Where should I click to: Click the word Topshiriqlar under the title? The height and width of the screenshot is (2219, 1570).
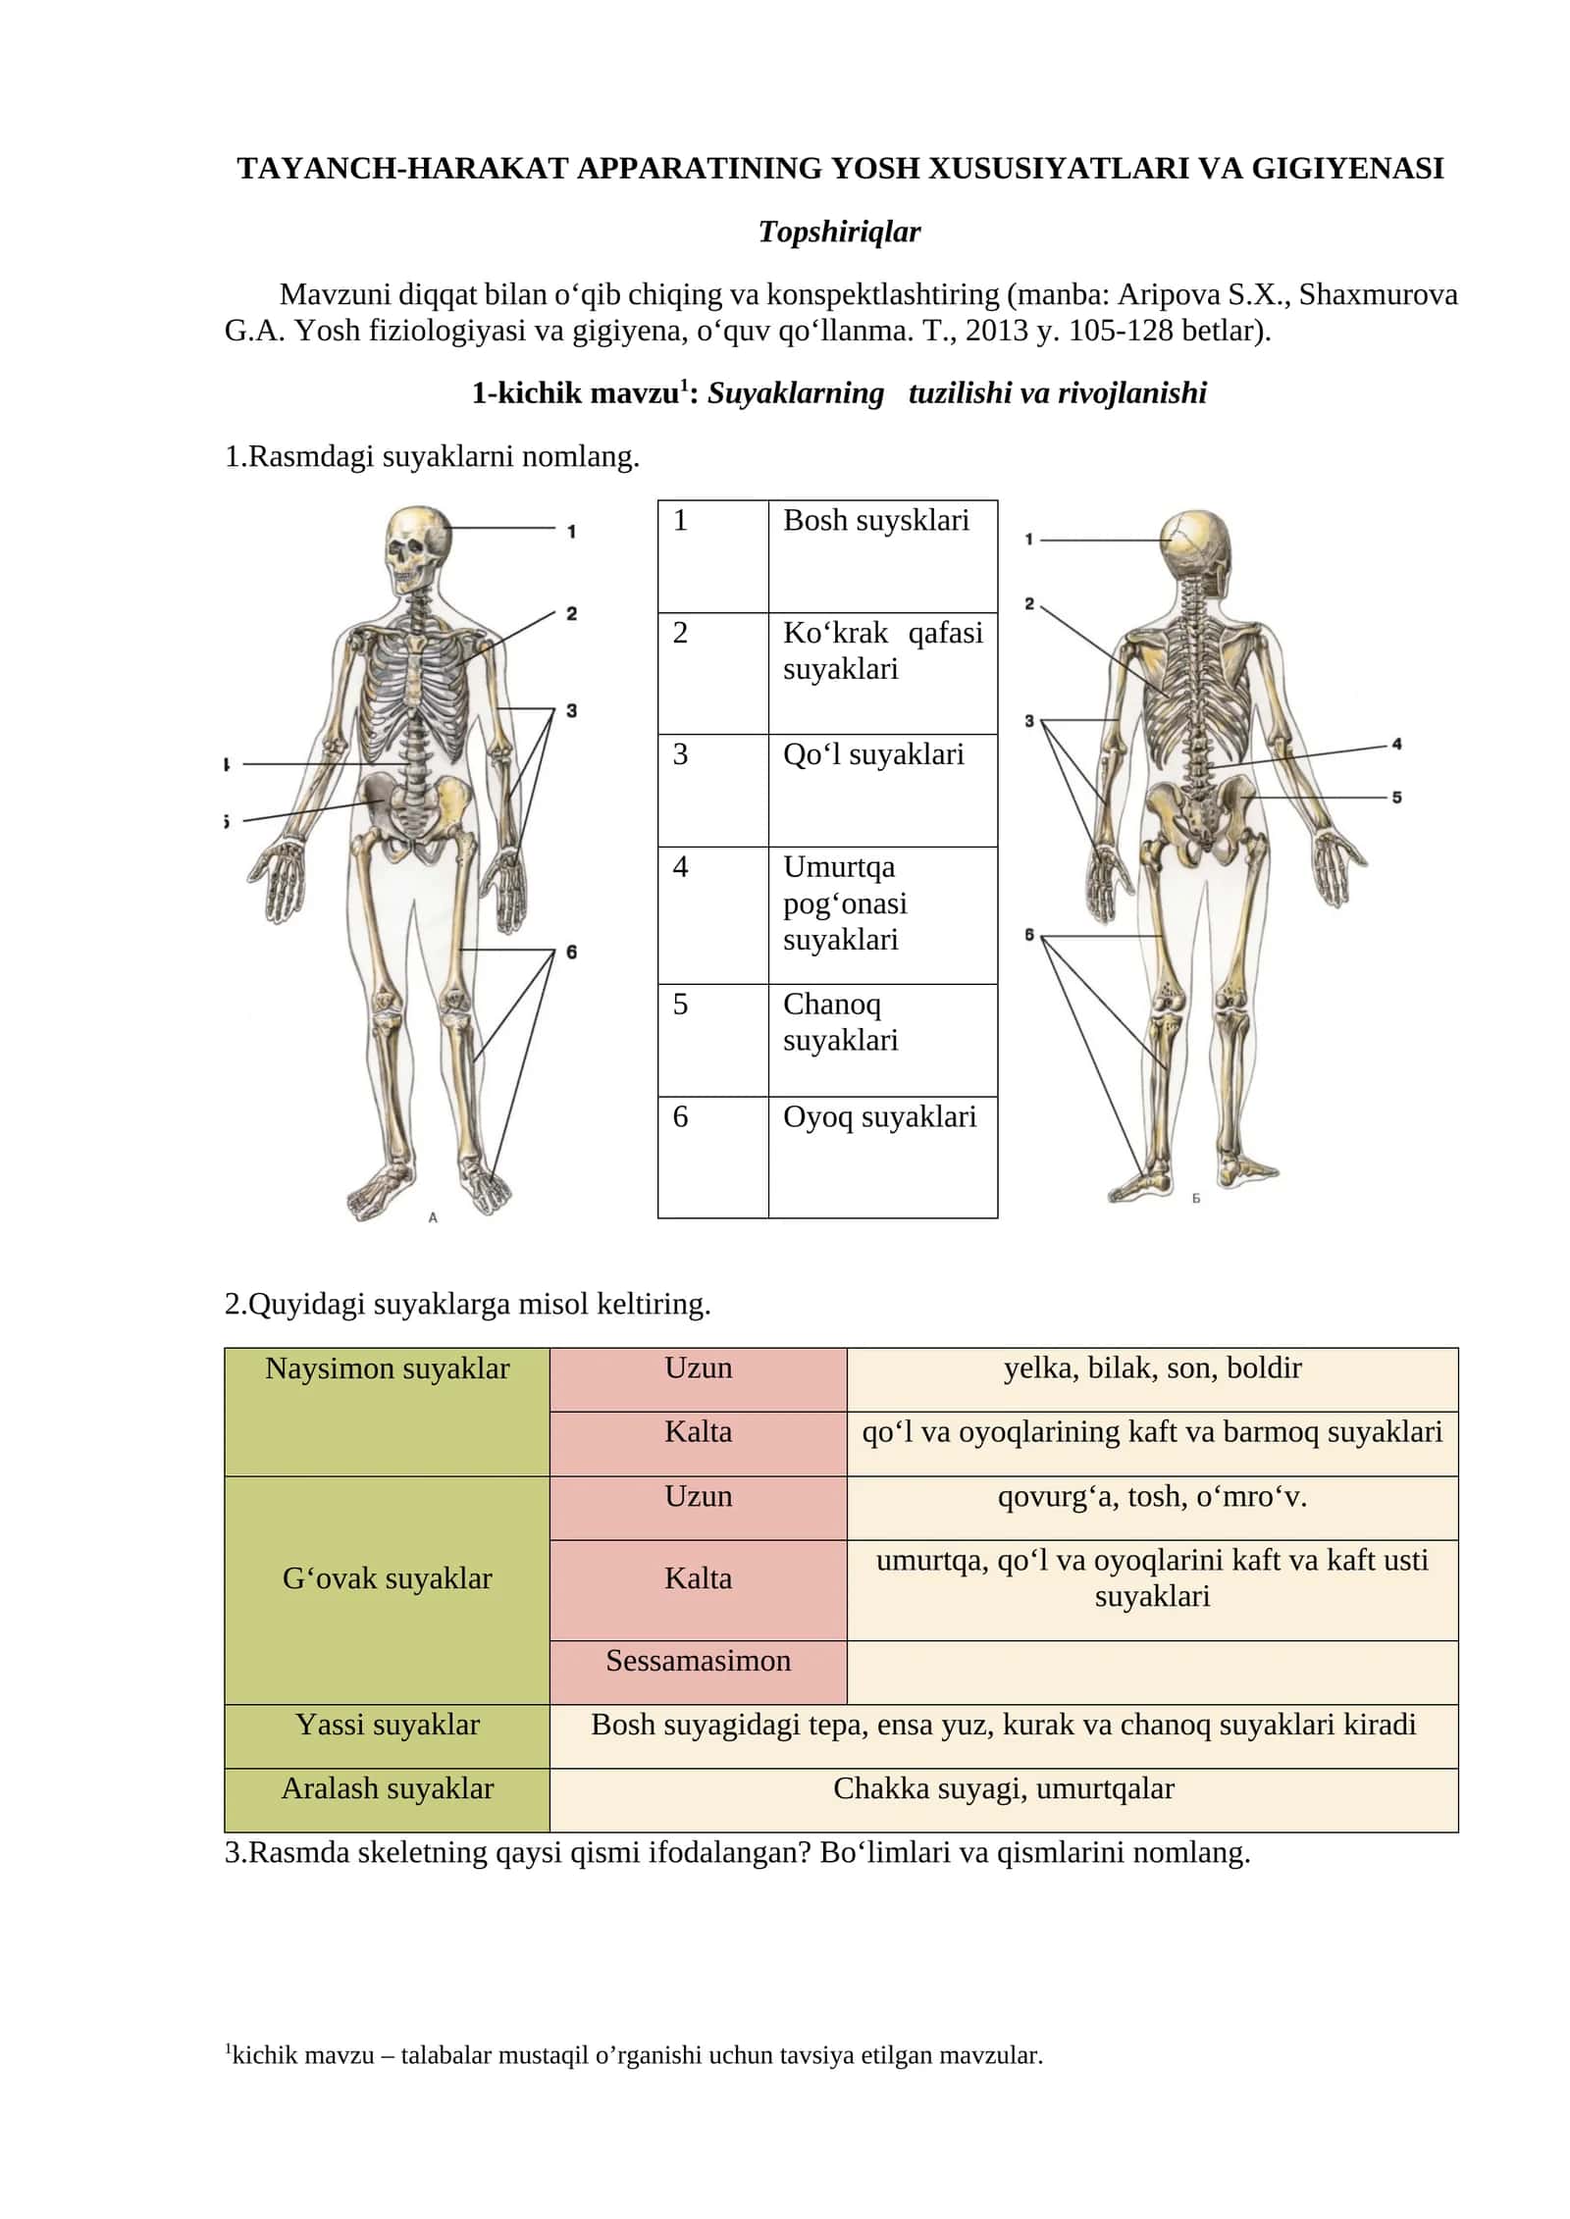tap(839, 232)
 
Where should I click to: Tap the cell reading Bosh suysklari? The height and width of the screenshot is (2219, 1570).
tap(882, 556)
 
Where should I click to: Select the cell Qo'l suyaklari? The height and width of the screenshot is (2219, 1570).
tap(882, 790)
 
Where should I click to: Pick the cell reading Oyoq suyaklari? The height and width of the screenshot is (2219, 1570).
tap(882, 1157)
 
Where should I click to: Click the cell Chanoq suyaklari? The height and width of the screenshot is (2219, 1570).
tap(882, 1040)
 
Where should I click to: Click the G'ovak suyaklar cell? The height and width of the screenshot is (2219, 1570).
tap(387, 1590)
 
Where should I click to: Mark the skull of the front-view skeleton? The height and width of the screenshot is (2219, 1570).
tap(417, 549)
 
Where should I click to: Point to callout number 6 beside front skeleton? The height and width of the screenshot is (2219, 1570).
tap(572, 952)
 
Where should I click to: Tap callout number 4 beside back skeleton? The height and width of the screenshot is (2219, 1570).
tap(1396, 745)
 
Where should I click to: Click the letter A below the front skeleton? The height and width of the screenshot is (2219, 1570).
tap(433, 1217)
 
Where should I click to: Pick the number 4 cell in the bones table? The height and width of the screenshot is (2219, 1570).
tap(713, 915)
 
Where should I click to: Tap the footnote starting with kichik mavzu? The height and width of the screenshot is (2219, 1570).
tap(634, 2056)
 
